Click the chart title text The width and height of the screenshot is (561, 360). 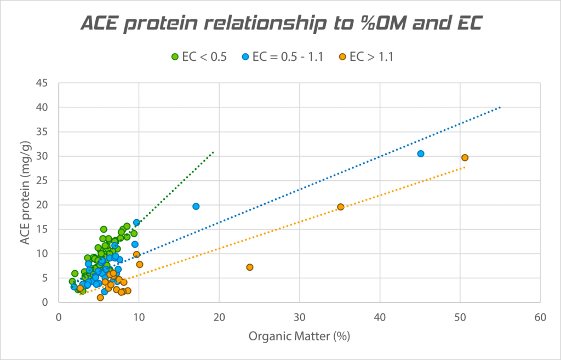(280, 23)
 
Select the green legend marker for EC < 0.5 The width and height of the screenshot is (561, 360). (175, 56)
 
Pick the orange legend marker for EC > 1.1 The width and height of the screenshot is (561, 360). (342, 56)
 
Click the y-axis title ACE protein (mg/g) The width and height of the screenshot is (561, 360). (25, 192)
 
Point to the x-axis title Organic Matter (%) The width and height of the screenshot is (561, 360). (299, 336)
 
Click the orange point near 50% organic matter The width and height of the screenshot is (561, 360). (465, 158)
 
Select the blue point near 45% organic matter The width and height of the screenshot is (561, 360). (421, 154)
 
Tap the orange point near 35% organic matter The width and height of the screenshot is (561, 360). (341, 207)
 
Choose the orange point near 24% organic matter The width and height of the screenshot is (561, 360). (250, 267)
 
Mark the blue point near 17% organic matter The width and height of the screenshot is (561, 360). (196, 206)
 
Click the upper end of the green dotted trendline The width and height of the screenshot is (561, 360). (213, 152)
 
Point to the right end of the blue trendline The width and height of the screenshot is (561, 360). (500, 107)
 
